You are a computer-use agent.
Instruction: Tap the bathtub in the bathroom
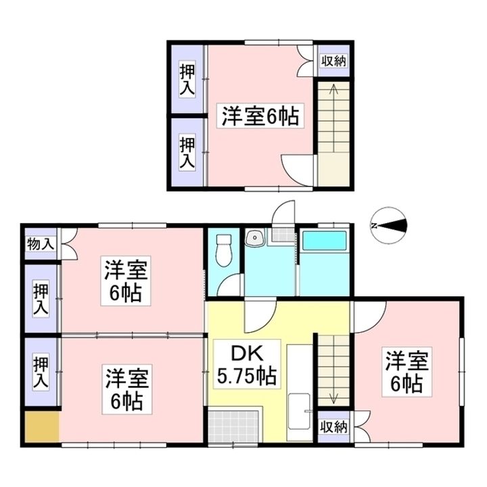tap(324, 241)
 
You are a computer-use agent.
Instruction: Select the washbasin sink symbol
tap(256, 238)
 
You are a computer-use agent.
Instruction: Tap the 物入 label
tap(40, 243)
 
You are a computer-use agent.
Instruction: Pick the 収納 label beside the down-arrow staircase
tap(333, 427)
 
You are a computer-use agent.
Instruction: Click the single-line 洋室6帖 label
tap(259, 116)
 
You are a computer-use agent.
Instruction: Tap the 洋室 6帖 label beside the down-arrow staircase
tap(406, 371)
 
